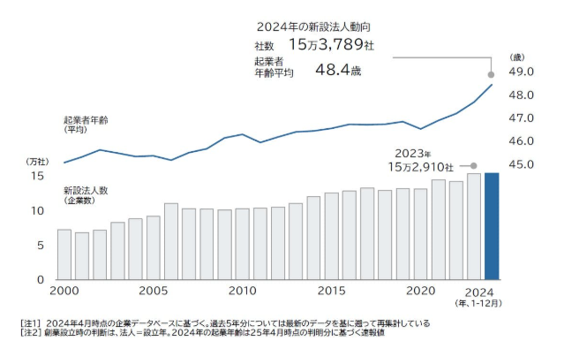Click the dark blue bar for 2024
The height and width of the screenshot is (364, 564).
pyautogui.click(x=492, y=226)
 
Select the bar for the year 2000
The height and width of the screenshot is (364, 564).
pyautogui.click(x=64, y=254)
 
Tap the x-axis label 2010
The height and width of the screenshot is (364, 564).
pyautogui.click(x=242, y=291)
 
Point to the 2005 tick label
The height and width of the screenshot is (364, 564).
pyautogui.click(x=153, y=291)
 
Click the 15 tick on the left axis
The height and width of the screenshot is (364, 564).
pyautogui.click(x=36, y=176)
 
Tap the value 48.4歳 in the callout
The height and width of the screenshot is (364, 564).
pyautogui.click(x=338, y=68)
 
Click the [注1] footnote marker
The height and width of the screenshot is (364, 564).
pyautogui.click(x=32, y=323)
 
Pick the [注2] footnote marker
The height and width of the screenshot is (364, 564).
pyautogui.click(x=32, y=334)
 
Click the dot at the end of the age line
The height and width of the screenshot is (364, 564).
pyautogui.click(x=492, y=84)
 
